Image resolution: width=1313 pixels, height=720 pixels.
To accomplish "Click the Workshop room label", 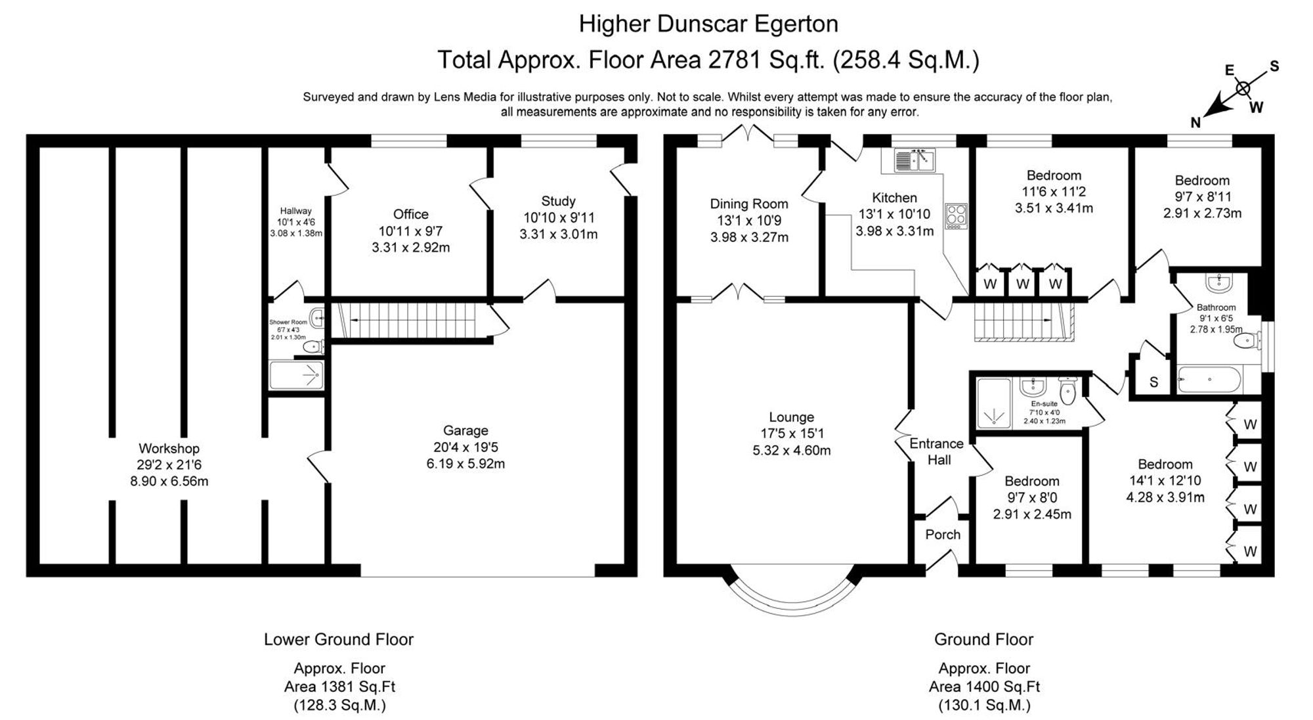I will pos(169,449).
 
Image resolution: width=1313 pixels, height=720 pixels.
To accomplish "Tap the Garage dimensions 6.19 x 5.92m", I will pos(465,464).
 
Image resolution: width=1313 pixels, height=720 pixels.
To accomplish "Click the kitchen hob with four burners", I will pos(956,215).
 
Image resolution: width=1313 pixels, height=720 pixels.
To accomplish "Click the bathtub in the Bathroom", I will pos(1210,379).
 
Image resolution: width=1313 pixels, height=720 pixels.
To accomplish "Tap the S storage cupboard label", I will pos(1153,382).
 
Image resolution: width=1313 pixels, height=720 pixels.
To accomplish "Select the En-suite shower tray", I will pos(994,403).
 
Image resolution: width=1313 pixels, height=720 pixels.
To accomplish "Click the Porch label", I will pos(943,535).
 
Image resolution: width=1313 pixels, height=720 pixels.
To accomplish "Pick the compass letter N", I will pos(1196,122).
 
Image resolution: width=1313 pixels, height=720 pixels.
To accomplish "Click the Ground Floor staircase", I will pos(1023,322).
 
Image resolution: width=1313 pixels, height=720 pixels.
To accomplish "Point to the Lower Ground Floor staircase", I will pos(410,320).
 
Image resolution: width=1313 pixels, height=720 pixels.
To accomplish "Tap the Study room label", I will pos(558,201).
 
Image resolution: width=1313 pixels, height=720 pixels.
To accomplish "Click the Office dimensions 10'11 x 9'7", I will pos(410,231).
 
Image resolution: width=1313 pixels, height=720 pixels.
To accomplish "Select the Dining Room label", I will pos(749,204).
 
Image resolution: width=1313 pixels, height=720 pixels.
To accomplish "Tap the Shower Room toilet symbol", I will pos(314,345).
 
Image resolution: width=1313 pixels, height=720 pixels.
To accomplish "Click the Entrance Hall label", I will pos(937,451).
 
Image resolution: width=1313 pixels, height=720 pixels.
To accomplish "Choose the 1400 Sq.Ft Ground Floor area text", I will pos(984,687).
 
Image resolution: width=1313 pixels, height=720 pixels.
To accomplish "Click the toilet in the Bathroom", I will pos(1245,341).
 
